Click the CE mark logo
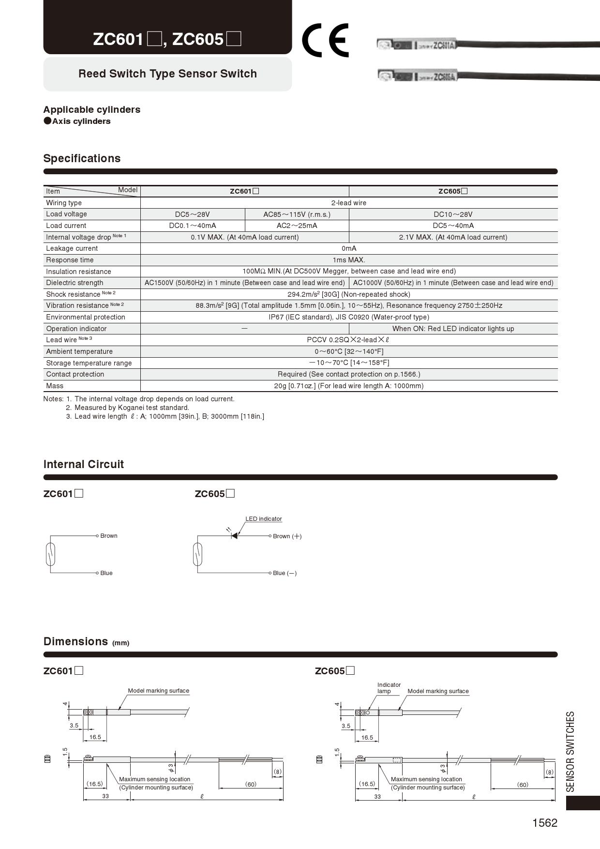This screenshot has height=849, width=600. coord(325,41)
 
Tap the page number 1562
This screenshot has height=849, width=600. coord(545,823)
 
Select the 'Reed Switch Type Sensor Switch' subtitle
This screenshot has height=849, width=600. coord(167,74)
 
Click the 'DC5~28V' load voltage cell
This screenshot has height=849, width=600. coord(193,214)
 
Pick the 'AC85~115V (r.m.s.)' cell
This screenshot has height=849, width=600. coord(297,214)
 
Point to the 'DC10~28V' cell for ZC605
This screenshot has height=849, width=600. coord(453,214)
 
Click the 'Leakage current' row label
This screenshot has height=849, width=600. coord(72,249)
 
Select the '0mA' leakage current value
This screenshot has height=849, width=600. coord(349,249)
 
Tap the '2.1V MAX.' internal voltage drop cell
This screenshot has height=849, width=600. coord(453,237)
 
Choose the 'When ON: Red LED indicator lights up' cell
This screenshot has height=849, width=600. coord(453,329)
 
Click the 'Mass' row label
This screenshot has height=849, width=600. coord(55,386)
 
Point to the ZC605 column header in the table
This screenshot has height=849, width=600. coord(453,191)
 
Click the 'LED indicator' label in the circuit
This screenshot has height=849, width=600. coord(264,519)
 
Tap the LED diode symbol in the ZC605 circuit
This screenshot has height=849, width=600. coord(234,536)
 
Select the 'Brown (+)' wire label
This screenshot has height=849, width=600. coord(287,536)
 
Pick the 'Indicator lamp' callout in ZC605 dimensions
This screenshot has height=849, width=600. coord(389,688)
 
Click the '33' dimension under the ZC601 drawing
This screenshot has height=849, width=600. coord(105,796)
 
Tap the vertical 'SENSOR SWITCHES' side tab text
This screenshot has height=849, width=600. coord(570,751)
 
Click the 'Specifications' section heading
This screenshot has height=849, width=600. coord(82,159)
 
